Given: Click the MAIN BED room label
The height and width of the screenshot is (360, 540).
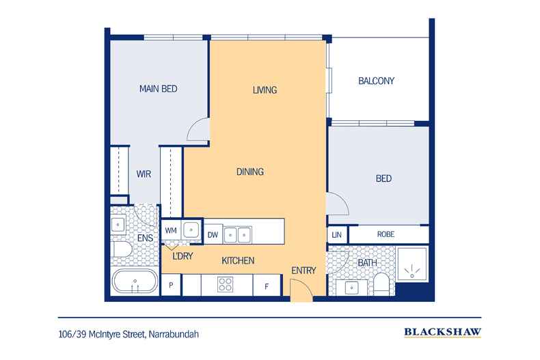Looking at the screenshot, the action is pos(159,89).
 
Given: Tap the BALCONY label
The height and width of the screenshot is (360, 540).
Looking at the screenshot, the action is pos(376,81).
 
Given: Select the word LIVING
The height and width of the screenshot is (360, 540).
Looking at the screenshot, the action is pos(265,89).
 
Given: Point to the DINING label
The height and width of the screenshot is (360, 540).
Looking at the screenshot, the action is pos(250,171).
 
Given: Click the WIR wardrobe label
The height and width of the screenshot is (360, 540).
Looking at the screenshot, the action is pos(144,174).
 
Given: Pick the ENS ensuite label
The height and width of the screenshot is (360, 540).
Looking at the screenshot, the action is pos(145,238).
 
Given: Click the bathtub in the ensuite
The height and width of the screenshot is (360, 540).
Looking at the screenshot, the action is pos(135,281).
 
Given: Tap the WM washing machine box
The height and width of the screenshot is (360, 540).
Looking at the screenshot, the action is pos(171,230).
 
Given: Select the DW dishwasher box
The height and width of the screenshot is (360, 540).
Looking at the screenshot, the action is pos(213,235).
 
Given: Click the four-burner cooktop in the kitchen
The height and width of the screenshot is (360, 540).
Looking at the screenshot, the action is pos(226,284).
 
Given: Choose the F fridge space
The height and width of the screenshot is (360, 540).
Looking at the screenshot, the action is pos(267,286).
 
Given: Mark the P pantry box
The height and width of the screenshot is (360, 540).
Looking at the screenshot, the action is pos(171,285).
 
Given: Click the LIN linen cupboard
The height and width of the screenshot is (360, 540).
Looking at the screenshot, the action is pos(337,235).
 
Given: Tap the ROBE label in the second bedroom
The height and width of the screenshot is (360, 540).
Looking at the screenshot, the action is pos(386,234).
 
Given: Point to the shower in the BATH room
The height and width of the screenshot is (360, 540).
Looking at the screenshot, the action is pos(412,264).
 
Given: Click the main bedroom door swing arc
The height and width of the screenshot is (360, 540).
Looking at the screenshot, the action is pos(195,126).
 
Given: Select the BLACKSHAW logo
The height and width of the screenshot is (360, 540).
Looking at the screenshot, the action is pos(442,332).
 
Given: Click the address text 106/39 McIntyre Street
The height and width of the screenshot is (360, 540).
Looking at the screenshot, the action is pos(102,335).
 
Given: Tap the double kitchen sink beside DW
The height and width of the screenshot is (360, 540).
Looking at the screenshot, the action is pos(238,235).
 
